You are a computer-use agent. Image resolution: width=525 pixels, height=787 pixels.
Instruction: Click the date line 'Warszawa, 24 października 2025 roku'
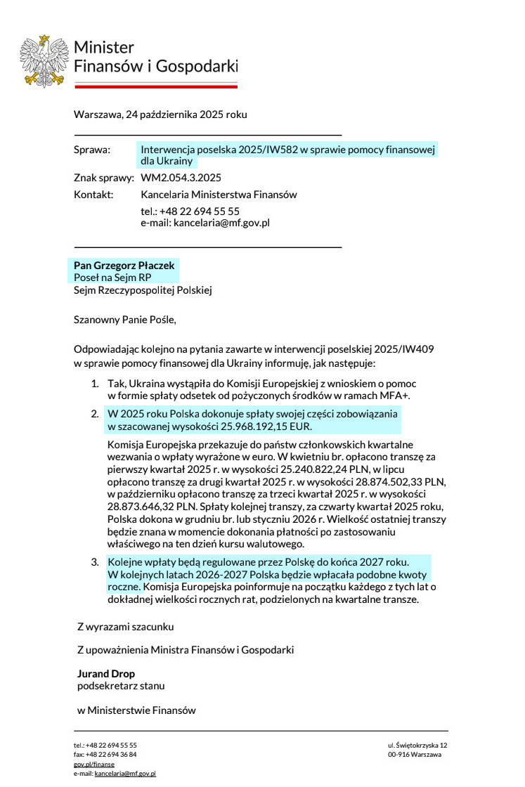[160, 115]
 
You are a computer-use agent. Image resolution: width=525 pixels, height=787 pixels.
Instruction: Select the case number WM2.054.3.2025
[181, 178]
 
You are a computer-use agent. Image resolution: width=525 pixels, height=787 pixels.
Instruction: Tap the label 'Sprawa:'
[92, 150]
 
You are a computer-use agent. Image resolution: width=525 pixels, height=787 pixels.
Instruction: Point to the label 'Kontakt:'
[93, 195]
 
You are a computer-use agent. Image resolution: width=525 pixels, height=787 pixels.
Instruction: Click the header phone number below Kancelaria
[190, 211]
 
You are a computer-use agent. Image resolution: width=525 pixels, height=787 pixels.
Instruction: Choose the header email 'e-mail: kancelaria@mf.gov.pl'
[205, 222]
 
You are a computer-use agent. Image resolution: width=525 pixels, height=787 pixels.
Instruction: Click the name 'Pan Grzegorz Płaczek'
[124, 266]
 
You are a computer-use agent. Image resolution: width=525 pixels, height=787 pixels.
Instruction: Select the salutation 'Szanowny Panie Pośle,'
[124, 320]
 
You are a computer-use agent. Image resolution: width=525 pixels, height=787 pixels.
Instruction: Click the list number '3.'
[95, 562]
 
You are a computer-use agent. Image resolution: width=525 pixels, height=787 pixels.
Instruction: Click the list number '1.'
[95, 384]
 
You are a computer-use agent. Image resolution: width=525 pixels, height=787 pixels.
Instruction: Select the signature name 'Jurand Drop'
[105, 674]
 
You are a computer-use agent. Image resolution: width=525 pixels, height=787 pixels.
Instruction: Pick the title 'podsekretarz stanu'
[121, 685]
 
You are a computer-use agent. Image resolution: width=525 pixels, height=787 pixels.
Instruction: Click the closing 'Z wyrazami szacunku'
[125, 626]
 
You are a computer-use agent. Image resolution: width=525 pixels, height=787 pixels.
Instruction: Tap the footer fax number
[105, 754]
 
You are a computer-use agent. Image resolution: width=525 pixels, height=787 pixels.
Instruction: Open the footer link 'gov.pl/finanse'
[94, 764]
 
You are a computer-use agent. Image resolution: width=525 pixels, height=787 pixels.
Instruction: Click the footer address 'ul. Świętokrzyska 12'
[417, 745]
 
